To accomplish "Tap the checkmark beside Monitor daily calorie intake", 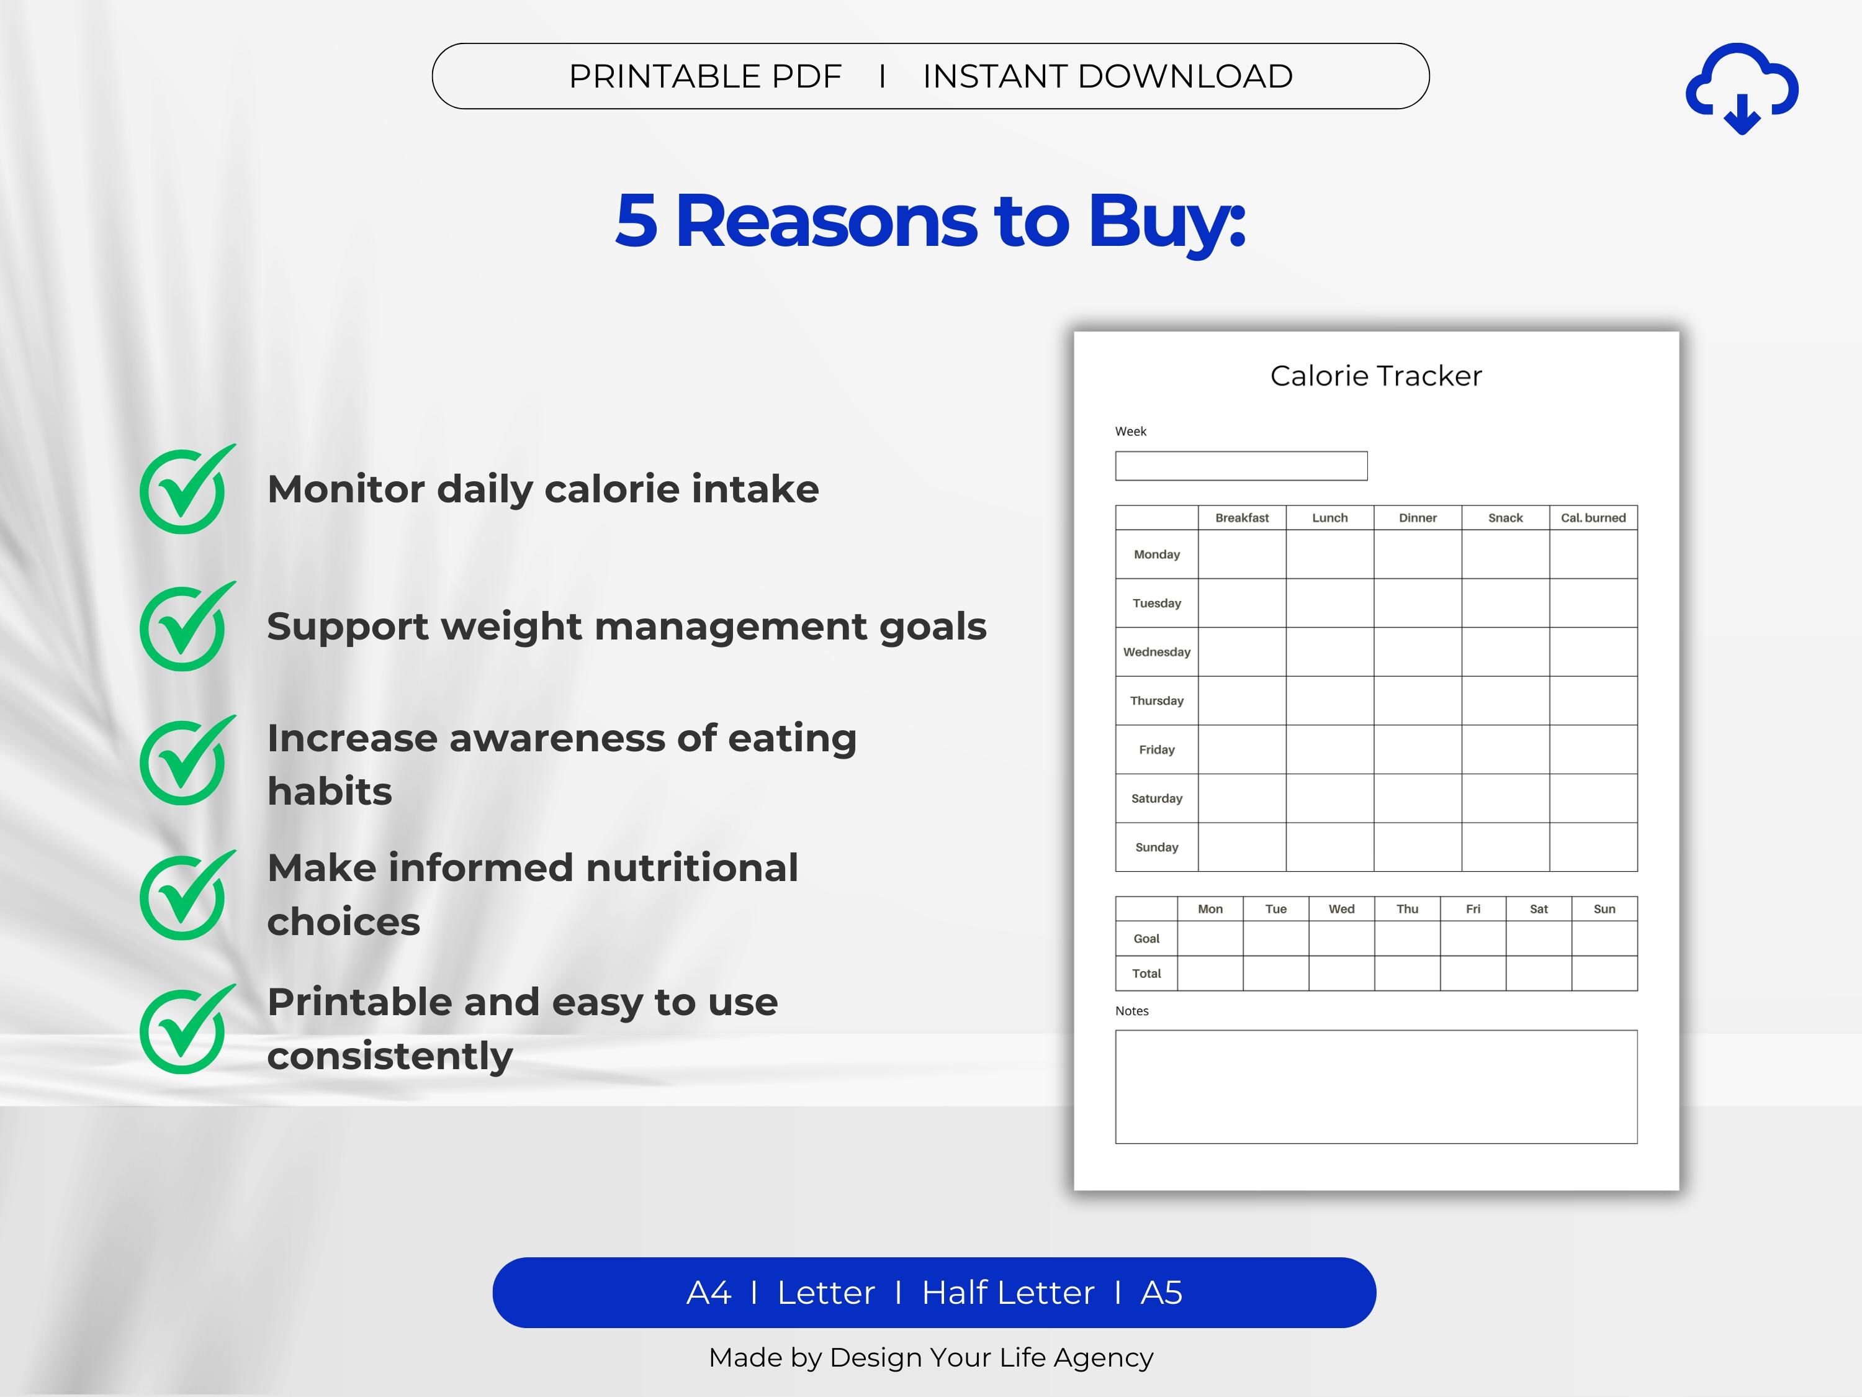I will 184,490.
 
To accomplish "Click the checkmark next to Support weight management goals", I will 184,627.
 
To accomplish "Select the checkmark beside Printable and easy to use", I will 184,1030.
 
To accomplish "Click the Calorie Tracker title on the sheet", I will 1375,376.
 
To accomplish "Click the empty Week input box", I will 1241,466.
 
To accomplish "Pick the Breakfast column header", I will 1241,518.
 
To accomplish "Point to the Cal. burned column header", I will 1593,518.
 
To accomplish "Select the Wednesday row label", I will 1156,652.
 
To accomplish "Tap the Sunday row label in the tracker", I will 1156,847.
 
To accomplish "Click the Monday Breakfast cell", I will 1241,554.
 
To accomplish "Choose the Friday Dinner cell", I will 1418,749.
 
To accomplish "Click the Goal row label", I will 1146,939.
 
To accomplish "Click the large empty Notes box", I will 1375,1087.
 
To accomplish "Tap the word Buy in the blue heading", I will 1165,220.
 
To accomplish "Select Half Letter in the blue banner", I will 1007,1293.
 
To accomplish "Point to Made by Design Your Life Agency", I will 930,1357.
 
